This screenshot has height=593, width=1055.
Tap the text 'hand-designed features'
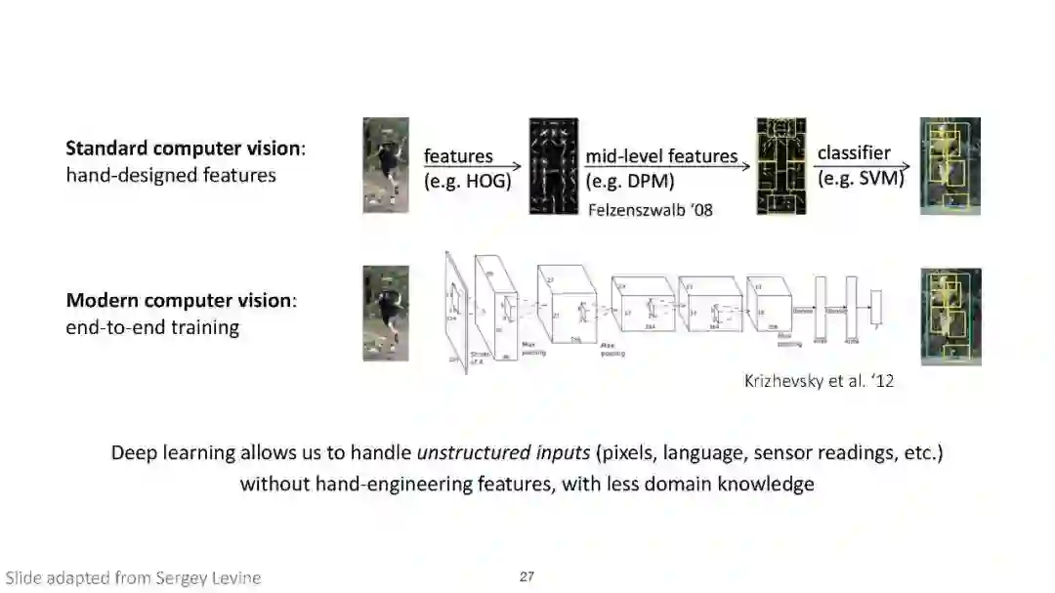pyautogui.click(x=171, y=176)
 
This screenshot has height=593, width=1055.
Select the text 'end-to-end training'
pyautogui.click(x=152, y=327)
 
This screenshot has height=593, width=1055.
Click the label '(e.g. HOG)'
pyautogui.click(x=468, y=181)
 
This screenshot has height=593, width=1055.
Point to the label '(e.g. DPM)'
pyautogui.click(x=631, y=181)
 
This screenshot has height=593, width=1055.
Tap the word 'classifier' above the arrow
pyautogui.click(x=854, y=153)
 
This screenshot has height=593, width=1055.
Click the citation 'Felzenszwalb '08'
pyautogui.click(x=651, y=208)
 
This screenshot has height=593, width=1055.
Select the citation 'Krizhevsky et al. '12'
pyautogui.click(x=820, y=381)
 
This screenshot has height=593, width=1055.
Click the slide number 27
pyautogui.click(x=527, y=576)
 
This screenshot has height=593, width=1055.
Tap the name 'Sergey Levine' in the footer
pyautogui.click(x=208, y=577)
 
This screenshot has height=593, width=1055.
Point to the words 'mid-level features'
pyautogui.click(x=661, y=155)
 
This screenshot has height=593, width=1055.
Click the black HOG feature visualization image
pyautogui.click(x=554, y=166)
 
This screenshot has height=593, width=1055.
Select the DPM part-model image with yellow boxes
pyautogui.click(x=781, y=166)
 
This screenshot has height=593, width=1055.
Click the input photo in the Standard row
pyautogui.click(x=386, y=165)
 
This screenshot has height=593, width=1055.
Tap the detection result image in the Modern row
pyautogui.click(x=950, y=316)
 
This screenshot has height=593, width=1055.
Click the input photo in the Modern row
pyautogui.click(x=386, y=314)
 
